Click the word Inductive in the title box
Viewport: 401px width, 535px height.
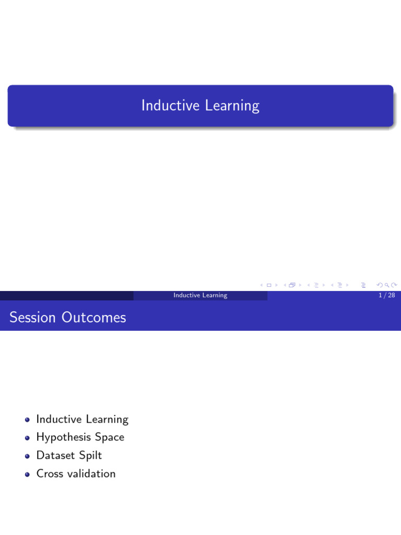170,105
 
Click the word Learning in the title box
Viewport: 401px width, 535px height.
232,106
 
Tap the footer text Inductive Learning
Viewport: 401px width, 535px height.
200,295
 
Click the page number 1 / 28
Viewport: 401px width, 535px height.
387,295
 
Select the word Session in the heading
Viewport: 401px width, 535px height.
32,317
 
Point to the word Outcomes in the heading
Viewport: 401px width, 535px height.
94,317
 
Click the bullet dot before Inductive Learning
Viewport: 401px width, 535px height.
27,420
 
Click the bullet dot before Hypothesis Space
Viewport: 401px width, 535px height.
27,438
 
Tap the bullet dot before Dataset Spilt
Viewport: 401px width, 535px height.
27,456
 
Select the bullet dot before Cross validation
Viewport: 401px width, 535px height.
27,474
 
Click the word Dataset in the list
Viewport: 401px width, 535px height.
55,456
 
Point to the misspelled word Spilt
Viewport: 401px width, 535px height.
90,456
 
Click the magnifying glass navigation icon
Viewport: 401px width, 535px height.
387,285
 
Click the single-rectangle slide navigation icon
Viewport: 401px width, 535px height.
269,285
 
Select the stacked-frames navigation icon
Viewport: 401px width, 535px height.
292,285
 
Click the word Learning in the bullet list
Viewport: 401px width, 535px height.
107,420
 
